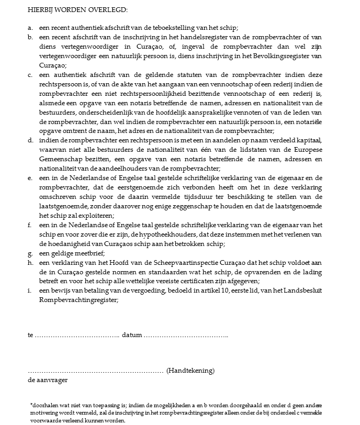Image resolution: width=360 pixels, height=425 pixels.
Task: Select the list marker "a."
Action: pyautogui.click(x=30, y=27)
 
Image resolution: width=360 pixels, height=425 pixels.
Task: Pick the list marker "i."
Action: pyautogui.click(x=30, y=290)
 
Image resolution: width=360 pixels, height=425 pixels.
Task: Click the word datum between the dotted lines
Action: pyautogui.click(x=131, y=334)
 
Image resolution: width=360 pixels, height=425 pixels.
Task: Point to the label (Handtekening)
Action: pyautogui.click(x=190, y=371)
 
